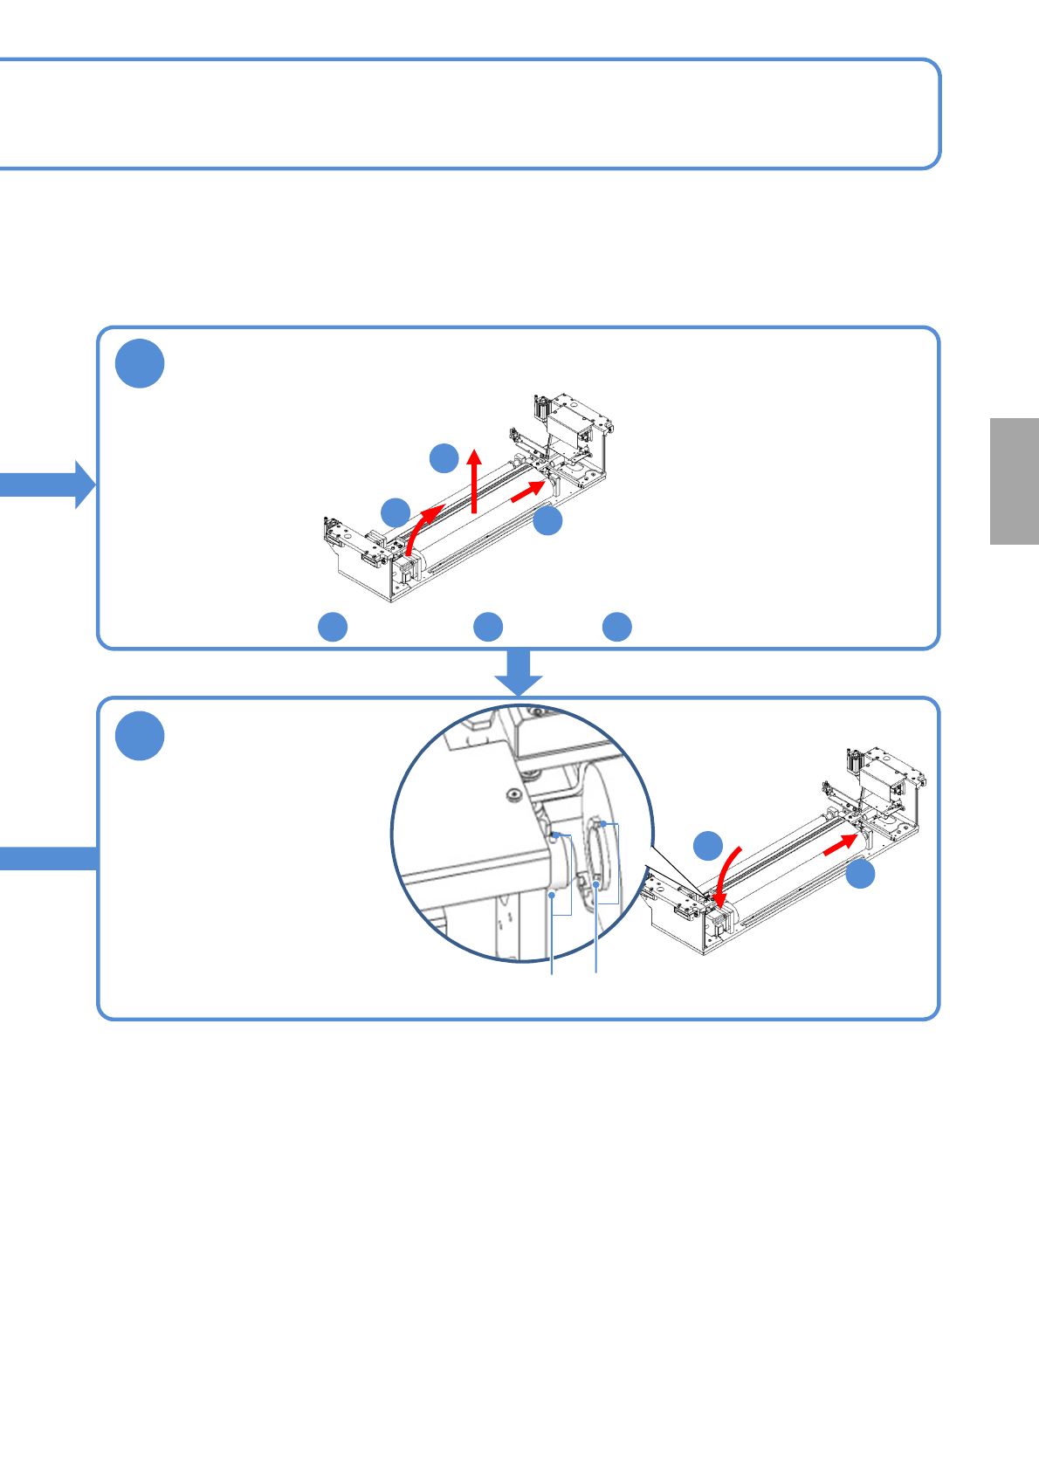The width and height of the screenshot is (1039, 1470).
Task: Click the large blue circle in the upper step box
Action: [140, 364]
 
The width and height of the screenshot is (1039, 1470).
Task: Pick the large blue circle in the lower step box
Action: [140, 736]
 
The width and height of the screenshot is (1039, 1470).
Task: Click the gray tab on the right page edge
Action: [1015, 481]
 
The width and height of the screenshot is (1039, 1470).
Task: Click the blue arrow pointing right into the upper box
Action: [48, 484]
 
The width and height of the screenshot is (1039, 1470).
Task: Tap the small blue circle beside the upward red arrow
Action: [444, 457]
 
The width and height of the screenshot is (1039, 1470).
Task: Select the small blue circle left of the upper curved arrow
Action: [396, 512]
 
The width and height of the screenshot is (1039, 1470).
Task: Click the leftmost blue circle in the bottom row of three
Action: [333, 627]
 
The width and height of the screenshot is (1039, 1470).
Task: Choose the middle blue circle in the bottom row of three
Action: [488, 627]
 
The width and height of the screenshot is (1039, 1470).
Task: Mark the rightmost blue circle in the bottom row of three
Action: [617, 627]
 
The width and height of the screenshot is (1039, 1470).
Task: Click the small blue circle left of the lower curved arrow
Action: [708, 846]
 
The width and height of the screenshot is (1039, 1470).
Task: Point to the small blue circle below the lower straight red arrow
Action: [861, 875]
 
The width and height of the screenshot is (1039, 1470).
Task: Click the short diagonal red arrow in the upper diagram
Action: [526, 492]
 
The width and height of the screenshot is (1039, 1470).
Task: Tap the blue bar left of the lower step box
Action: [48, 858]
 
